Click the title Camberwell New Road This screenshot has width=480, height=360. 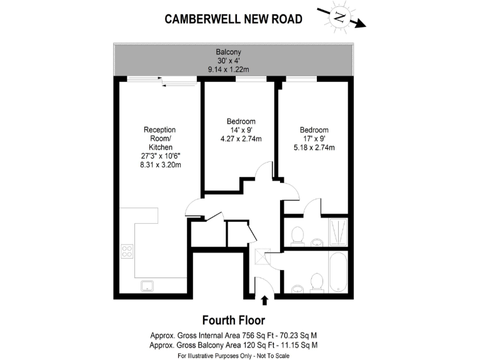233,19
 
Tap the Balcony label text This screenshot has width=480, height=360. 228,52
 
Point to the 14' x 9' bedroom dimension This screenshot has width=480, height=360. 240,130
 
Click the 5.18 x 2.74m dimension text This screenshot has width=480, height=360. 314,148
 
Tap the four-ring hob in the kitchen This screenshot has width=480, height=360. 127,251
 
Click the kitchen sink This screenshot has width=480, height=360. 148,286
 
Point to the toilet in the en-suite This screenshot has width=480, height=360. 297,235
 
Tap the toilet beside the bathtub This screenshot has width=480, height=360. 317,283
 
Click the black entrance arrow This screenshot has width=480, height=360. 264,301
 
